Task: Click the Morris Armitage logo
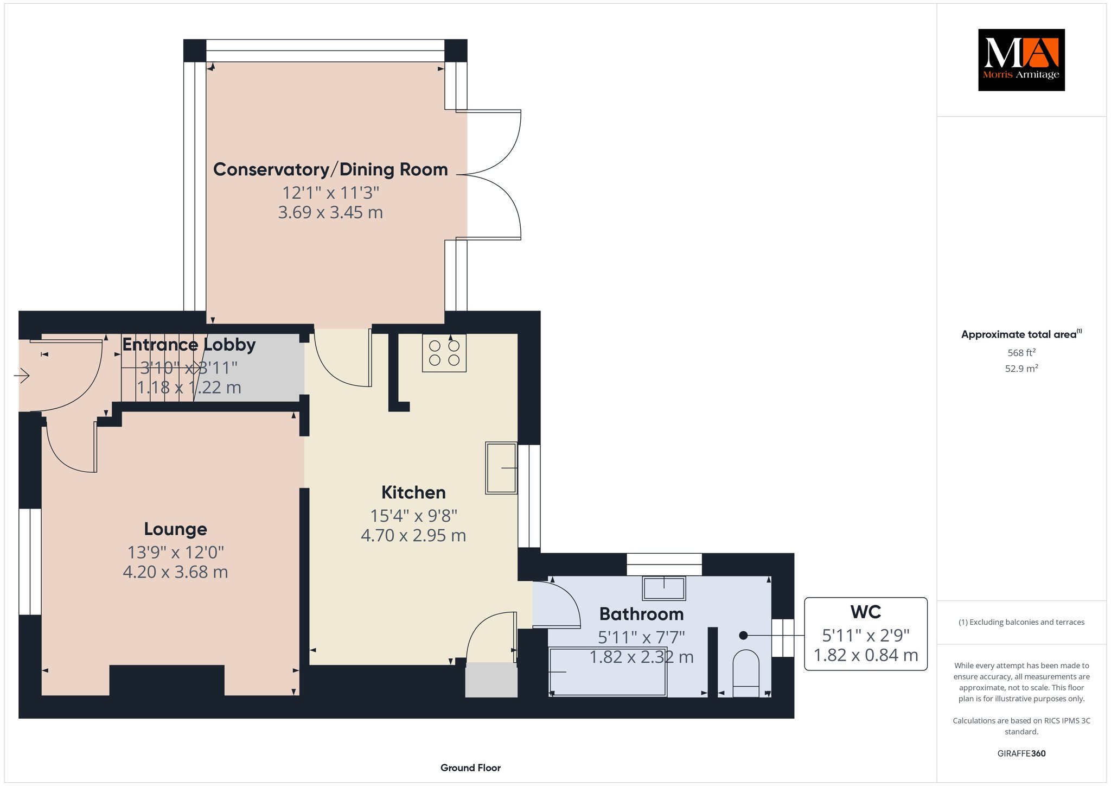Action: tap(1021, 60)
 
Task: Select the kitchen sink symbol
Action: tap(501, 468)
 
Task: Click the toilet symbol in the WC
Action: tap(746, 673)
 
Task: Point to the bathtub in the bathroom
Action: tap(608, 671)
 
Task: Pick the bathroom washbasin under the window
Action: tap(664, 588)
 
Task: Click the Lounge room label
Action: tap(175, 529)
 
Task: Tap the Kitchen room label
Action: tap(413, 493)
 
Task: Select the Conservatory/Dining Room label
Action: tap(330, 170)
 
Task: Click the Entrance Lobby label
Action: tap(189, 345)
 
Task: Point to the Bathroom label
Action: tap(641, 614)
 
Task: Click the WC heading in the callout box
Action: tap(866, 612)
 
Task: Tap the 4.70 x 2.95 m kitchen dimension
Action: tap(413, 536)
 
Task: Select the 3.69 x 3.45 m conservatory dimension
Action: tap(330, 212)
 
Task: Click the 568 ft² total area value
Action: tap(1021, 353)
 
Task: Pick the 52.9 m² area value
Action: tap(1021, 369)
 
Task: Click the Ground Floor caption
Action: tap(470, 768)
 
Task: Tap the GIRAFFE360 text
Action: tap(1021, 753)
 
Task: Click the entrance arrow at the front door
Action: tap(22, 375)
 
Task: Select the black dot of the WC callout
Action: tap(743, 635)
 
